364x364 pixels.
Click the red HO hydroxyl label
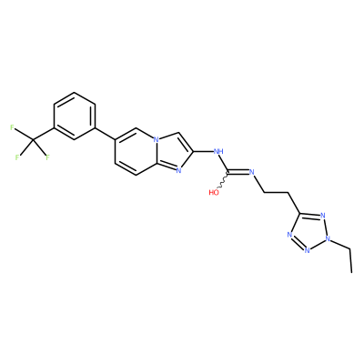214,192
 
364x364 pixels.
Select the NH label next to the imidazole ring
218,151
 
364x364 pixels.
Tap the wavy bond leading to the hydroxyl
223,181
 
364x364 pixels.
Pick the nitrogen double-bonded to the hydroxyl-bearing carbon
251,172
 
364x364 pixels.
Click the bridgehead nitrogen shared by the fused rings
156,140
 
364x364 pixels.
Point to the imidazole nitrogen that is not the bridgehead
178,170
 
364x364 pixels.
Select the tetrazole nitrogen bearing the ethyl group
327,238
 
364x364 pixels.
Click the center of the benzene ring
75,116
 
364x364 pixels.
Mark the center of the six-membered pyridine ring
136,152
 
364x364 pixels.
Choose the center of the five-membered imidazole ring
173,152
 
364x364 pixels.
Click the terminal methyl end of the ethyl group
352,272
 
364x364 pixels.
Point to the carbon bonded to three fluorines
33,140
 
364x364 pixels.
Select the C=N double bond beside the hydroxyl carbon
238,173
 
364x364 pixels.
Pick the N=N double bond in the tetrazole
298,243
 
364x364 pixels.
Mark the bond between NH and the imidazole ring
203,151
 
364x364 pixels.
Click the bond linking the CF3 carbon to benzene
44,134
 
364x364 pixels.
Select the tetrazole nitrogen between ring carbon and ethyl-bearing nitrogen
322,217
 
